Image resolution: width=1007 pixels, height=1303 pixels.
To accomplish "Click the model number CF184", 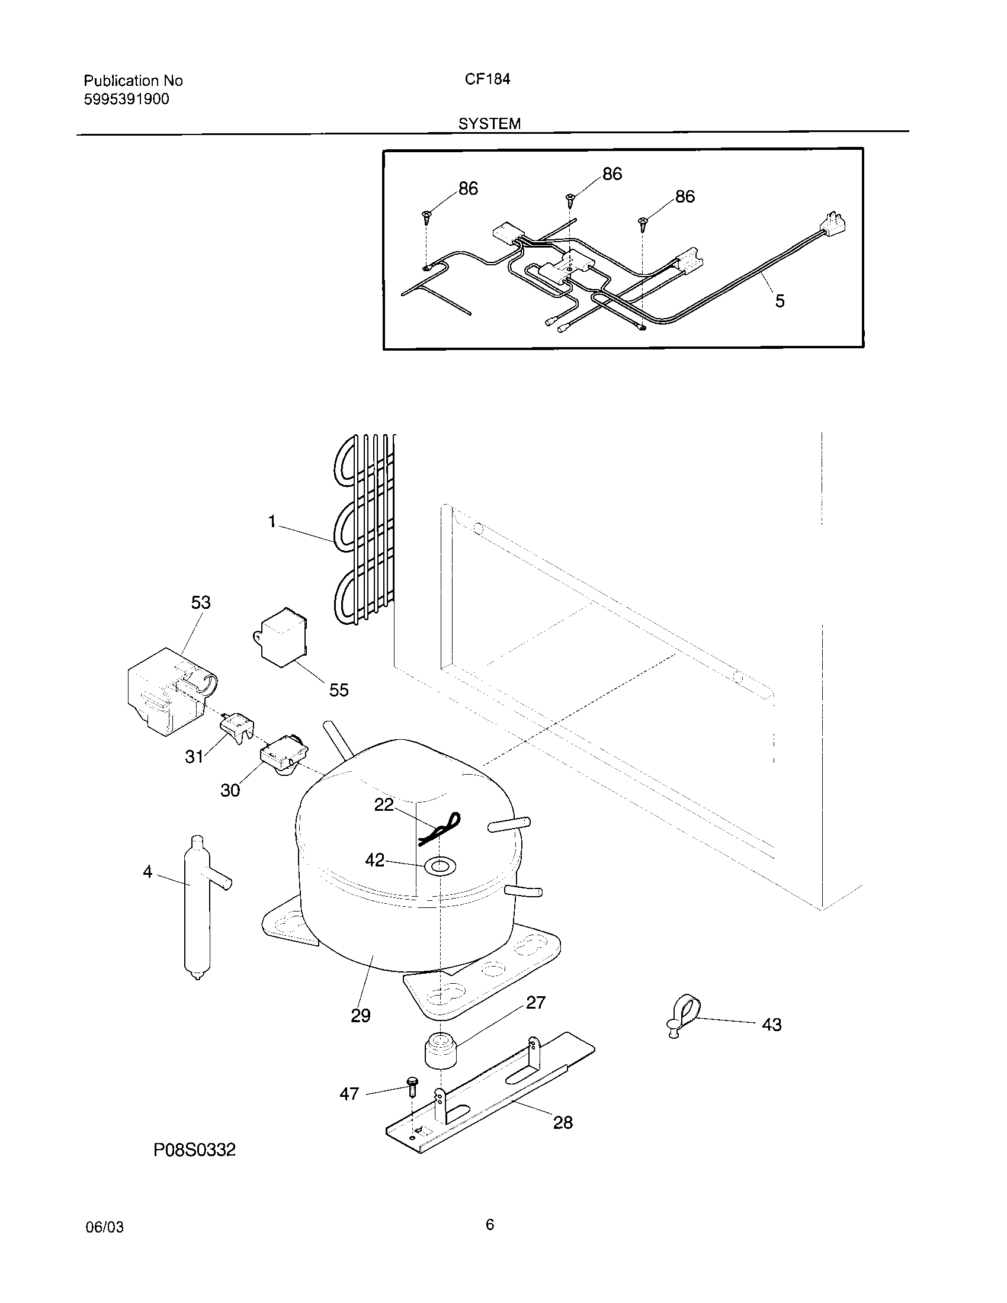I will [x=488, y=79].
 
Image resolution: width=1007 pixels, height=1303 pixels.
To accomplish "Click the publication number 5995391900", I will [x=127, y=100].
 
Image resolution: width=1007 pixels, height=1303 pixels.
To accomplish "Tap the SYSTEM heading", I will [x=489, y=124].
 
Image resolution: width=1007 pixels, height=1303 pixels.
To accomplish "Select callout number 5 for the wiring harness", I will [x=780, y=301].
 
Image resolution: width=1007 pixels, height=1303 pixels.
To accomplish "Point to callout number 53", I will [x=200, y=602].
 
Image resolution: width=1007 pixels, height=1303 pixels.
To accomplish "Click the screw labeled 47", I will [x=412, y=1087].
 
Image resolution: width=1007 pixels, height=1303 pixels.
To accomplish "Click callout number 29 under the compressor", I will [x=360, y=1015].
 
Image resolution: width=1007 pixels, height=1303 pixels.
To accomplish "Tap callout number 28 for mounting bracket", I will [x=563, y=1123].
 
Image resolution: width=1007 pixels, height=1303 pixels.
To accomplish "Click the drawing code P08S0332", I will [x=194, y=1150].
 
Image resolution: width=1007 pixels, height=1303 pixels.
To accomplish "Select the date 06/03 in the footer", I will [x=105, y=1227].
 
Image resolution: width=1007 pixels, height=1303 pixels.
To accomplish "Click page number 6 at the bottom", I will [x=490, y=1225].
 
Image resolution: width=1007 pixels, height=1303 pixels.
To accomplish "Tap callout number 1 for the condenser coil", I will [x=272, y=522].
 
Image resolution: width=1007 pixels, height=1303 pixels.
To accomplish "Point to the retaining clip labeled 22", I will [x=440, y=829].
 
